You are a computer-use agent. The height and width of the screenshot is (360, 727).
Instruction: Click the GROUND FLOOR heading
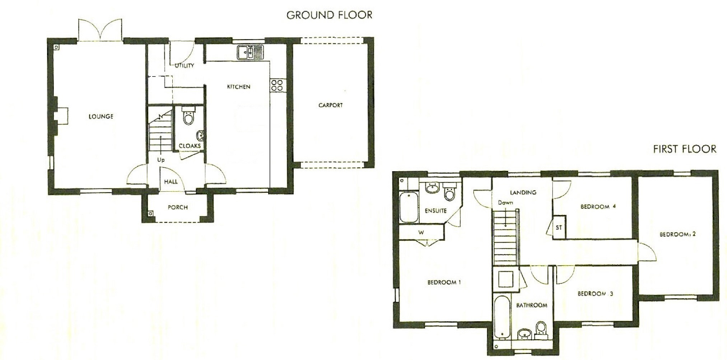[x=329, y=15]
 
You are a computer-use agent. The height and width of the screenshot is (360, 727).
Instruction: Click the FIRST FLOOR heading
[x=685, y=149]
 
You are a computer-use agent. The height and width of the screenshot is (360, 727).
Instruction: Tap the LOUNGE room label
[x=101, y=116]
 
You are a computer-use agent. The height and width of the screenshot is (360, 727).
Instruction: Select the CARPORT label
[x=331, y=105]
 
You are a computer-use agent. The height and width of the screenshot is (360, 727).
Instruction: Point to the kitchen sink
[x=250, y=52]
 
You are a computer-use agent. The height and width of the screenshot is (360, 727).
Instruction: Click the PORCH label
[x=178, y=207]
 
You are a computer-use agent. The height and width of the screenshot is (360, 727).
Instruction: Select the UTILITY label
[x=184, y=65]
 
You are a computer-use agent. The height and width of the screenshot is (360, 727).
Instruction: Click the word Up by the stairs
[x=161, y=160]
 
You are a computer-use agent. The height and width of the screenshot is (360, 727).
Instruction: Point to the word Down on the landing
[x=505, y=202]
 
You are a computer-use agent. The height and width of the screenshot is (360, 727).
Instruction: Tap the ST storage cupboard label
[x=559, y=228]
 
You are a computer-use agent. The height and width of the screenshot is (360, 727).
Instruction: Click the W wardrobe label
[x=421, y=233]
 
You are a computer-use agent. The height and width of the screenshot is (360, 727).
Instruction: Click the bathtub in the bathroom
[x=502, y=316]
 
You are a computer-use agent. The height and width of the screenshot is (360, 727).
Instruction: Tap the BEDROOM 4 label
[x=598, y=206]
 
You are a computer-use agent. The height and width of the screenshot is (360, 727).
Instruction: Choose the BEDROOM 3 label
[x=595, y=294]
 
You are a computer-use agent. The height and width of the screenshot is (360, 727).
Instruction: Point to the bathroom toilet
[x=541, y=329]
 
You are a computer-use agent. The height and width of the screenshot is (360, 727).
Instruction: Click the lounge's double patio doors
[x=101, y=29]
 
